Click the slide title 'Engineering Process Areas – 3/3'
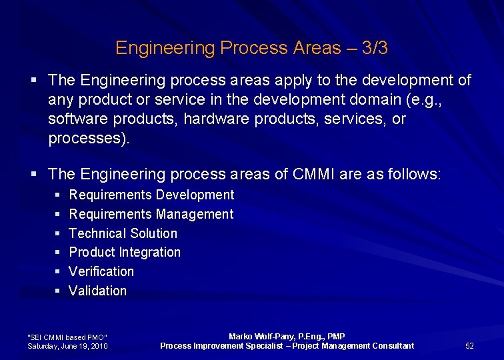coord(251,48)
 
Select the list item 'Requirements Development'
coord(151,195)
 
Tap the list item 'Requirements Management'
coord(151,214)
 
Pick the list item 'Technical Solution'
coord(123,233)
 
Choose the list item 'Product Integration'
coord(125,252)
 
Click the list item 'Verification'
coord(101,271)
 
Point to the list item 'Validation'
coord(97,291)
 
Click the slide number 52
coord(469,345)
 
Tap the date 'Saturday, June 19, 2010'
coord(67,346)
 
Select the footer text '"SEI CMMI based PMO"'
coord(67,337)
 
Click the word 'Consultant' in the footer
coord(391,345)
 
